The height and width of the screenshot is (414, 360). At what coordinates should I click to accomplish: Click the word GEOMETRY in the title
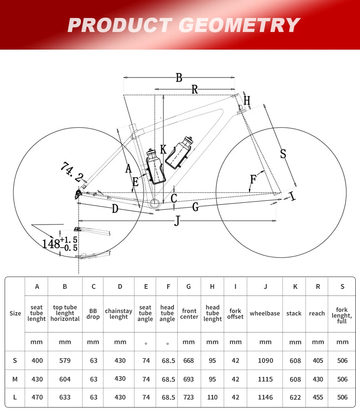click(x=239, y=25)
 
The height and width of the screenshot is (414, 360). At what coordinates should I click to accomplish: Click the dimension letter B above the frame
click(x=179, y=78)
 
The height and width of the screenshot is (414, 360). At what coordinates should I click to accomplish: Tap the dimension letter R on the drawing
click(x=195, y=90)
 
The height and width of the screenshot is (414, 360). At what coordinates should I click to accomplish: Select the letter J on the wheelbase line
click(x=177, y=220)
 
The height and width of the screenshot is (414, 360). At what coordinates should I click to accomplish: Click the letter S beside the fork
click(x=283, y=154)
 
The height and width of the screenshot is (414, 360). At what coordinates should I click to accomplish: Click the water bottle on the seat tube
click(x=155, y=166)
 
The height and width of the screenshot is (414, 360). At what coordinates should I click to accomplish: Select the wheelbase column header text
click(x=265, y=313)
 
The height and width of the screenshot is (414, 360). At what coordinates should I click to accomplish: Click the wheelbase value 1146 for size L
click(x=265, y=397)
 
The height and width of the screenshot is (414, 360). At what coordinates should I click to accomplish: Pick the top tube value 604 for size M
click(x=65, y=379)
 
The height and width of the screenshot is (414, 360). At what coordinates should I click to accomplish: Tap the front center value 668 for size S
click(x=189, y=360)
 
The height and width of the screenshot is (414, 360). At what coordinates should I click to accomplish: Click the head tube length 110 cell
click(x=212, y=397)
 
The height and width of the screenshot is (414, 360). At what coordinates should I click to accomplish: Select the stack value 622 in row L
click(x=295, y=397)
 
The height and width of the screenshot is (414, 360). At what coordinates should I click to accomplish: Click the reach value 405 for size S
click(x=318, y=360)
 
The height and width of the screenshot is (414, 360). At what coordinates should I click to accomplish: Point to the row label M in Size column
click(x=15, y=379)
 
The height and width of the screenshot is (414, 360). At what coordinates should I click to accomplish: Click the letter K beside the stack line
click(x=163, y=149)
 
